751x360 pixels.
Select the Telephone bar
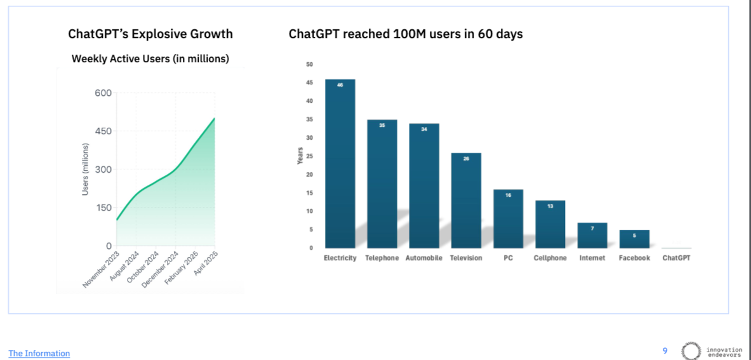point(382,183)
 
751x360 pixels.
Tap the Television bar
point(466,200)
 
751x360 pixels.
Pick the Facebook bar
point(634,239)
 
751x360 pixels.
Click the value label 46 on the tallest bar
point(340,84)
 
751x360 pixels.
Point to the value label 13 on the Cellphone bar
point(550,206)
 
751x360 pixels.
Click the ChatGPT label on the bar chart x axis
point(676,258)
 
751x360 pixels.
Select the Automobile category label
point(424,258)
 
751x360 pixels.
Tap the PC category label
point(508,258)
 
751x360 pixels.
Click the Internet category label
point(592,258)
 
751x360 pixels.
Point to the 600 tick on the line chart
point(103,93)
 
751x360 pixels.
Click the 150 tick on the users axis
point(103,208)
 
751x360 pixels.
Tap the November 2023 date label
point(102,269)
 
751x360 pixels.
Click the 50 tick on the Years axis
point(309,64)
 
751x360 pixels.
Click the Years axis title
point(300,156)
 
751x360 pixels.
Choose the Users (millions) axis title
point(85,170)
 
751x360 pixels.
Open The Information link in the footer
point(39,354)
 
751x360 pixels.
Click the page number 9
point(665,350)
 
